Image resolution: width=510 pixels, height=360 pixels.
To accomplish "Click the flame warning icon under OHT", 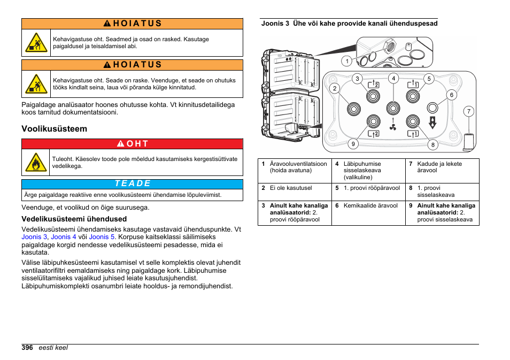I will [36, 162].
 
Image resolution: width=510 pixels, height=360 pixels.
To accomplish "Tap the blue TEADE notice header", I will [132, 183].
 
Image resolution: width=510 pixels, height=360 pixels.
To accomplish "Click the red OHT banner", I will [132, 143].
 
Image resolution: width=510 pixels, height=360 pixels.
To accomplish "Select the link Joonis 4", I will [64, 236].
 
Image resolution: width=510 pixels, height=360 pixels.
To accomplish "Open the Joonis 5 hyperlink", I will [102, 236].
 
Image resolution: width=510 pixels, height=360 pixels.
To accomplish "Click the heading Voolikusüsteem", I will [54, 129].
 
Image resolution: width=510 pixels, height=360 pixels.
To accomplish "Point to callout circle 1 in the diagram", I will [346, 61].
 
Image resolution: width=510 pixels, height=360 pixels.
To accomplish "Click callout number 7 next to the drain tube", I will [468, 112].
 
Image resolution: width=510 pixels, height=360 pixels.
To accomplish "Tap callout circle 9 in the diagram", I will [352, 143].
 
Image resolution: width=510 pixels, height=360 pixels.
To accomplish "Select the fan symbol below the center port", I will [393, 127].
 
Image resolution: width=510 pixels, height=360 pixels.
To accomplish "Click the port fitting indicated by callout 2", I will [353, 109].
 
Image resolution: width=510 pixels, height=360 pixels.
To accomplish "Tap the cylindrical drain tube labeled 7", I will [469, 142].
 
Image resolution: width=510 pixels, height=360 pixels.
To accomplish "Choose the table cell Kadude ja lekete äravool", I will [439, 167].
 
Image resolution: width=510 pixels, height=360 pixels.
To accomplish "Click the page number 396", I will [27, 347].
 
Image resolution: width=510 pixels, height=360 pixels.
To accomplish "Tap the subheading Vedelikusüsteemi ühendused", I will [74, 219].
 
